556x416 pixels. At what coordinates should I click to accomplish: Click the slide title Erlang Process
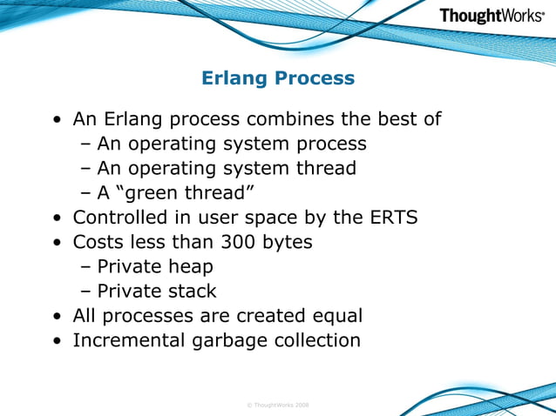[x=278, y=78]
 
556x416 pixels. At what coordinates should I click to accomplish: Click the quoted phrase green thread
[x=190, y=192]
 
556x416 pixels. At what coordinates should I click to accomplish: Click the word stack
[x=193, y=291]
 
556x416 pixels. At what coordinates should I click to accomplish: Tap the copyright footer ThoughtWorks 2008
[x=278, y=405]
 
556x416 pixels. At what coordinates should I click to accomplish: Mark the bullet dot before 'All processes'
[x=57, y=316]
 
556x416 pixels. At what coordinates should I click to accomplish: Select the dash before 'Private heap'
[x=86, y=266]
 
